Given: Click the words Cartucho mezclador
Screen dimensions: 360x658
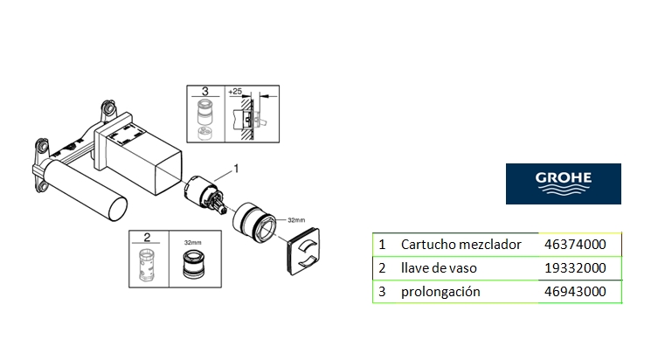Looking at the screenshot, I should point(461,245).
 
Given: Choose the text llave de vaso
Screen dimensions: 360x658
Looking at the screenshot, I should point(439,267).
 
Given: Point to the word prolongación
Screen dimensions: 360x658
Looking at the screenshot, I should point(440,291).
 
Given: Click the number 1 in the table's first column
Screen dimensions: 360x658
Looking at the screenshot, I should point(382,245).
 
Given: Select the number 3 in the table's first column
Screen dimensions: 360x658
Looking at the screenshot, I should point(382,291).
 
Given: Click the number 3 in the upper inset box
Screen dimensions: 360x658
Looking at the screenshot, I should point(204,91).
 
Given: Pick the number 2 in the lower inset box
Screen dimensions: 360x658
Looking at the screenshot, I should point(148,237).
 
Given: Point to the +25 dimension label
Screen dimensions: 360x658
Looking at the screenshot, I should point(235,91).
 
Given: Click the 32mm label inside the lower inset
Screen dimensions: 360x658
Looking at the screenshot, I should point(191,237).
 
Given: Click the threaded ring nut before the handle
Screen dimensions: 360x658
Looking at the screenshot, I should point(257,225).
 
